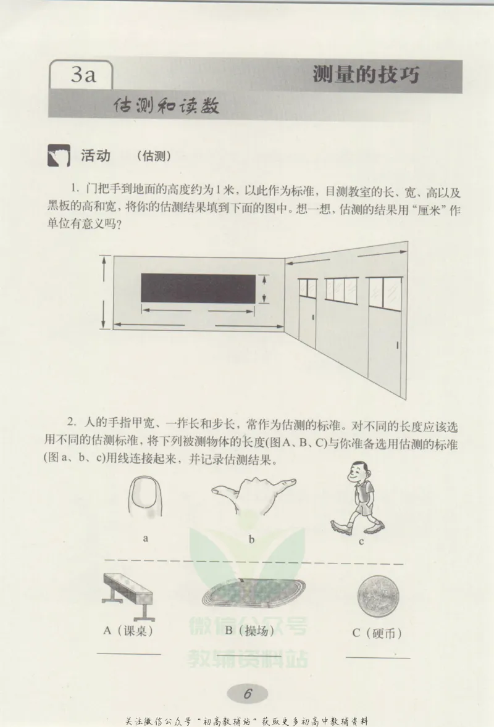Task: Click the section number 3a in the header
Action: coord(82,76)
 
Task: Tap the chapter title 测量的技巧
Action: coord(366,75)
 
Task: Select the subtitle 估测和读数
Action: coord(167,106)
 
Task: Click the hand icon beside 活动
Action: coord(59,157)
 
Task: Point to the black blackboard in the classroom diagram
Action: coord(198,288)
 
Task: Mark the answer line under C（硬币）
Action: coord(377,658)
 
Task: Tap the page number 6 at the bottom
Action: coord(248,693)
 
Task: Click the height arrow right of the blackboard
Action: coord(264,289)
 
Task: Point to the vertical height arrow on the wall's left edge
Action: coord(104,293)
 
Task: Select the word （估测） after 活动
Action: coord(154,157)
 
